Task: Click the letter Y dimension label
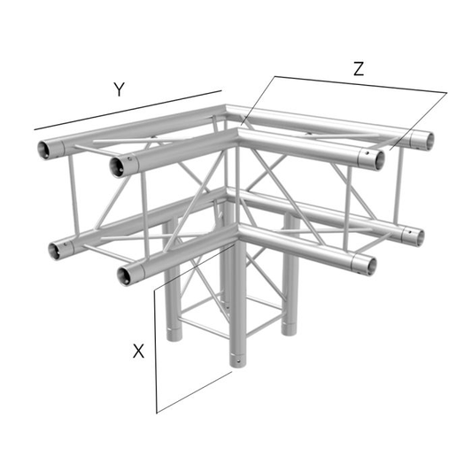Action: (120, 89)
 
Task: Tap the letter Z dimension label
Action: (359, 69)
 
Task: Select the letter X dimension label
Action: (138, 351)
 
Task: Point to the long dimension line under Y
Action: (128, 110)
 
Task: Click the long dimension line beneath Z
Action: (360, 84)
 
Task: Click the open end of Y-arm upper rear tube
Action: (44, 150)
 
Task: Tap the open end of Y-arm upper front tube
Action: (117, 167)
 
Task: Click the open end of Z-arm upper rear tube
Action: (428, 141)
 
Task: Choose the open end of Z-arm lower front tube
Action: (369, 266)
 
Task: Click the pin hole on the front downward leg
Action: (238, 360)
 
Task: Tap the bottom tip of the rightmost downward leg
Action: (289, 333)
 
